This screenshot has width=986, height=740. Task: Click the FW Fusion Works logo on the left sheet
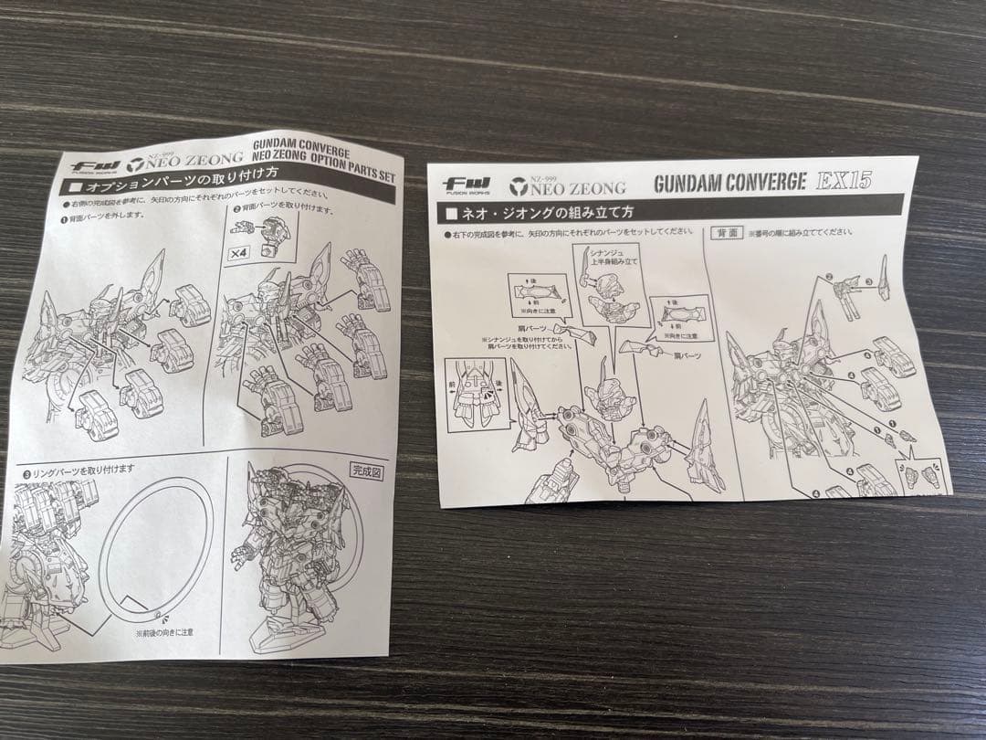(x=91, y=165)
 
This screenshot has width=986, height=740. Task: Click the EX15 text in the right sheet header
(x=844, y=180)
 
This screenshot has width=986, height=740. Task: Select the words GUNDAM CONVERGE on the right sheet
(x=729, y=182)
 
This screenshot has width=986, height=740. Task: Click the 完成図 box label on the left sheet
(x=367, y=471)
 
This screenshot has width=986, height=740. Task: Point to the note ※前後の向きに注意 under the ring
(x=163, y=630)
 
